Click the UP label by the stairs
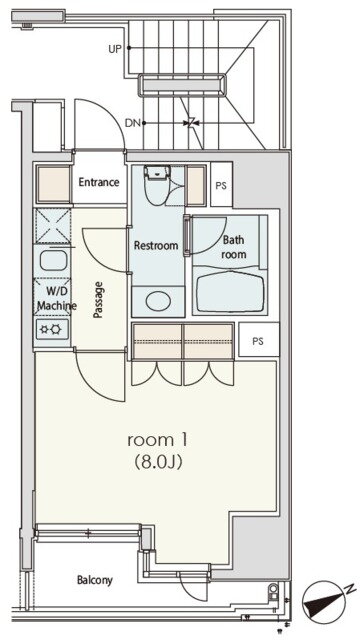[115, 49]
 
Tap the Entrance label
[99, 182]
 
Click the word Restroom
[156, 246]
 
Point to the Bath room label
[233, 247]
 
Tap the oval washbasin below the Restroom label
[158, 301]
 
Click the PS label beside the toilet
[221, 185]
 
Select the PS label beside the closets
[258, 341]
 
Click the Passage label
[98, 300]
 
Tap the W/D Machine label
[56, 298]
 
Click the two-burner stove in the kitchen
[52, 329]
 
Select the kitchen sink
[53, 261]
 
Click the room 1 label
[158, 440]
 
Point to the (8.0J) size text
[158, 462]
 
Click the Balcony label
[95, 580]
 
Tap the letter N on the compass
[350, 588]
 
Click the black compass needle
[324, 603]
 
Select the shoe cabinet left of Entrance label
[53, 184]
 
